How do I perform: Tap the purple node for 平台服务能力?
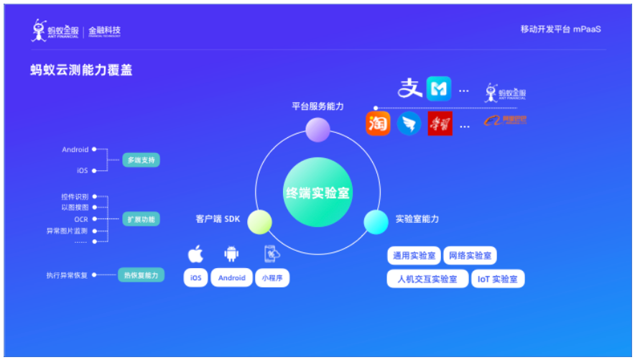[x=317, y=130]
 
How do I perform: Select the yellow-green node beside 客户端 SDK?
[x=259, y=222]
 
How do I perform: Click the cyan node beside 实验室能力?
[x=376, y=222]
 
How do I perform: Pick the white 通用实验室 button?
[x=413, y=256]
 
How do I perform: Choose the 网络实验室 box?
[x=471, y=256]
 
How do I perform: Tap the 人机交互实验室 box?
[x=427, y=279]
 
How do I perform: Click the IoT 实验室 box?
[x=497, y=279]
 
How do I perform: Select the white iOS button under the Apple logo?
[x=195, y=278]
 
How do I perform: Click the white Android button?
[x=231, y=278]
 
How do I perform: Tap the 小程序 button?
[x=272, y=278]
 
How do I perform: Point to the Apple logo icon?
[x=195, y=254]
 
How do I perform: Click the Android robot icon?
[x=231, y=254]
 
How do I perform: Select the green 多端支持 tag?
[x=140, y=160]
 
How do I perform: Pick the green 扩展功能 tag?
[x=141, y=218]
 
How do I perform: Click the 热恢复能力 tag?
[x=141, y=275]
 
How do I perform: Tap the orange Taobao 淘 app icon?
[x=378, y=124]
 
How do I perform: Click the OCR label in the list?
[x=80, y=219]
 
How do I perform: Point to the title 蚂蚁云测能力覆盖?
[x=81, y=70]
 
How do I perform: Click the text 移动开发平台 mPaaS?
[x=560, y=29]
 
